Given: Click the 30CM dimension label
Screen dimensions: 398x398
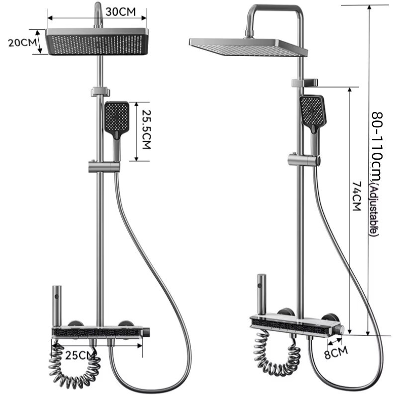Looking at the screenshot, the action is [x=120, y=12].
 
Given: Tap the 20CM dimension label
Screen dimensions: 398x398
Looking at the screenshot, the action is [x=22, y=43].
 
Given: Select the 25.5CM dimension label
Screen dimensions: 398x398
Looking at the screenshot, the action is [x=146, y=129].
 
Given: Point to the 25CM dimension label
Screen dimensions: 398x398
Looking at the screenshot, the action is [x=80, y=355].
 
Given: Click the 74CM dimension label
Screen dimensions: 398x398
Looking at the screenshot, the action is [x=357, y=196].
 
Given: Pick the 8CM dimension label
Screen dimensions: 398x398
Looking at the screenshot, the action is [x=336, y=352].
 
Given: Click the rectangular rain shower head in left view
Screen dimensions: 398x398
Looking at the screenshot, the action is [x=97, y=41].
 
